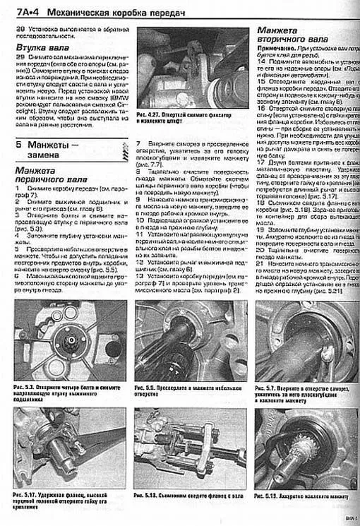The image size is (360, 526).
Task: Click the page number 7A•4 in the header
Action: (x=20, y=9)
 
